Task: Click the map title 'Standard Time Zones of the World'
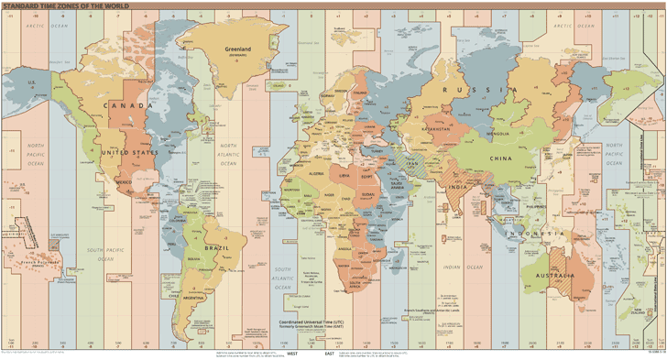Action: click(65, 5)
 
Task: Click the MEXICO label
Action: click(124, 182)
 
